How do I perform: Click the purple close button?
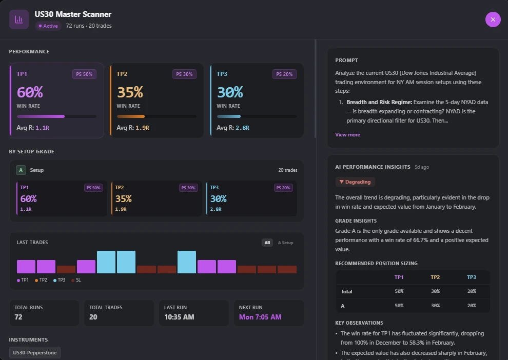pyautogui.click(x=493, y=19)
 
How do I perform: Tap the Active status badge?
pyautogui.click(x=48, y=26)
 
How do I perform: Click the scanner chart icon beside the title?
pyautogui.click(x=19, y=19)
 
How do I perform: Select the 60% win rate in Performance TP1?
pyautogui.click(x=30, y=92)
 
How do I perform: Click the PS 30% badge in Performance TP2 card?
pyautogui.click(x=184, y=74)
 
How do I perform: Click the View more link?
pyautogui.click(x=347, y=135)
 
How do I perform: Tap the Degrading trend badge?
pyautogui.click(x=355, y=182)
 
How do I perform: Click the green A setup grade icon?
pyautogui.click(x=21, y=170)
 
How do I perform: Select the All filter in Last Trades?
pyautogui.click(x=267, y=243)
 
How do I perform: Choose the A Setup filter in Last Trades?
pyautogui.click(x=285, y=243)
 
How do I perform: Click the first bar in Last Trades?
pyautogui.click(x=26, y=267)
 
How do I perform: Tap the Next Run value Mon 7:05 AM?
pyautogui.click(x=260, y=317)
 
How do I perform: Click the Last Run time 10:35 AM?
pyautogui.click(x=179, y=317)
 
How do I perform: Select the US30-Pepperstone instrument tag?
pyautogui.click(x=35, y=352)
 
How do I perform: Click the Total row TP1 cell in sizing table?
pyautogui.click(x=399, y=291)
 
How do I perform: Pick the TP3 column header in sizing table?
pyautogui.click(x=471, y=277)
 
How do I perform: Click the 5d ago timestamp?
pyautogui.click(x=422, y=167)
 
